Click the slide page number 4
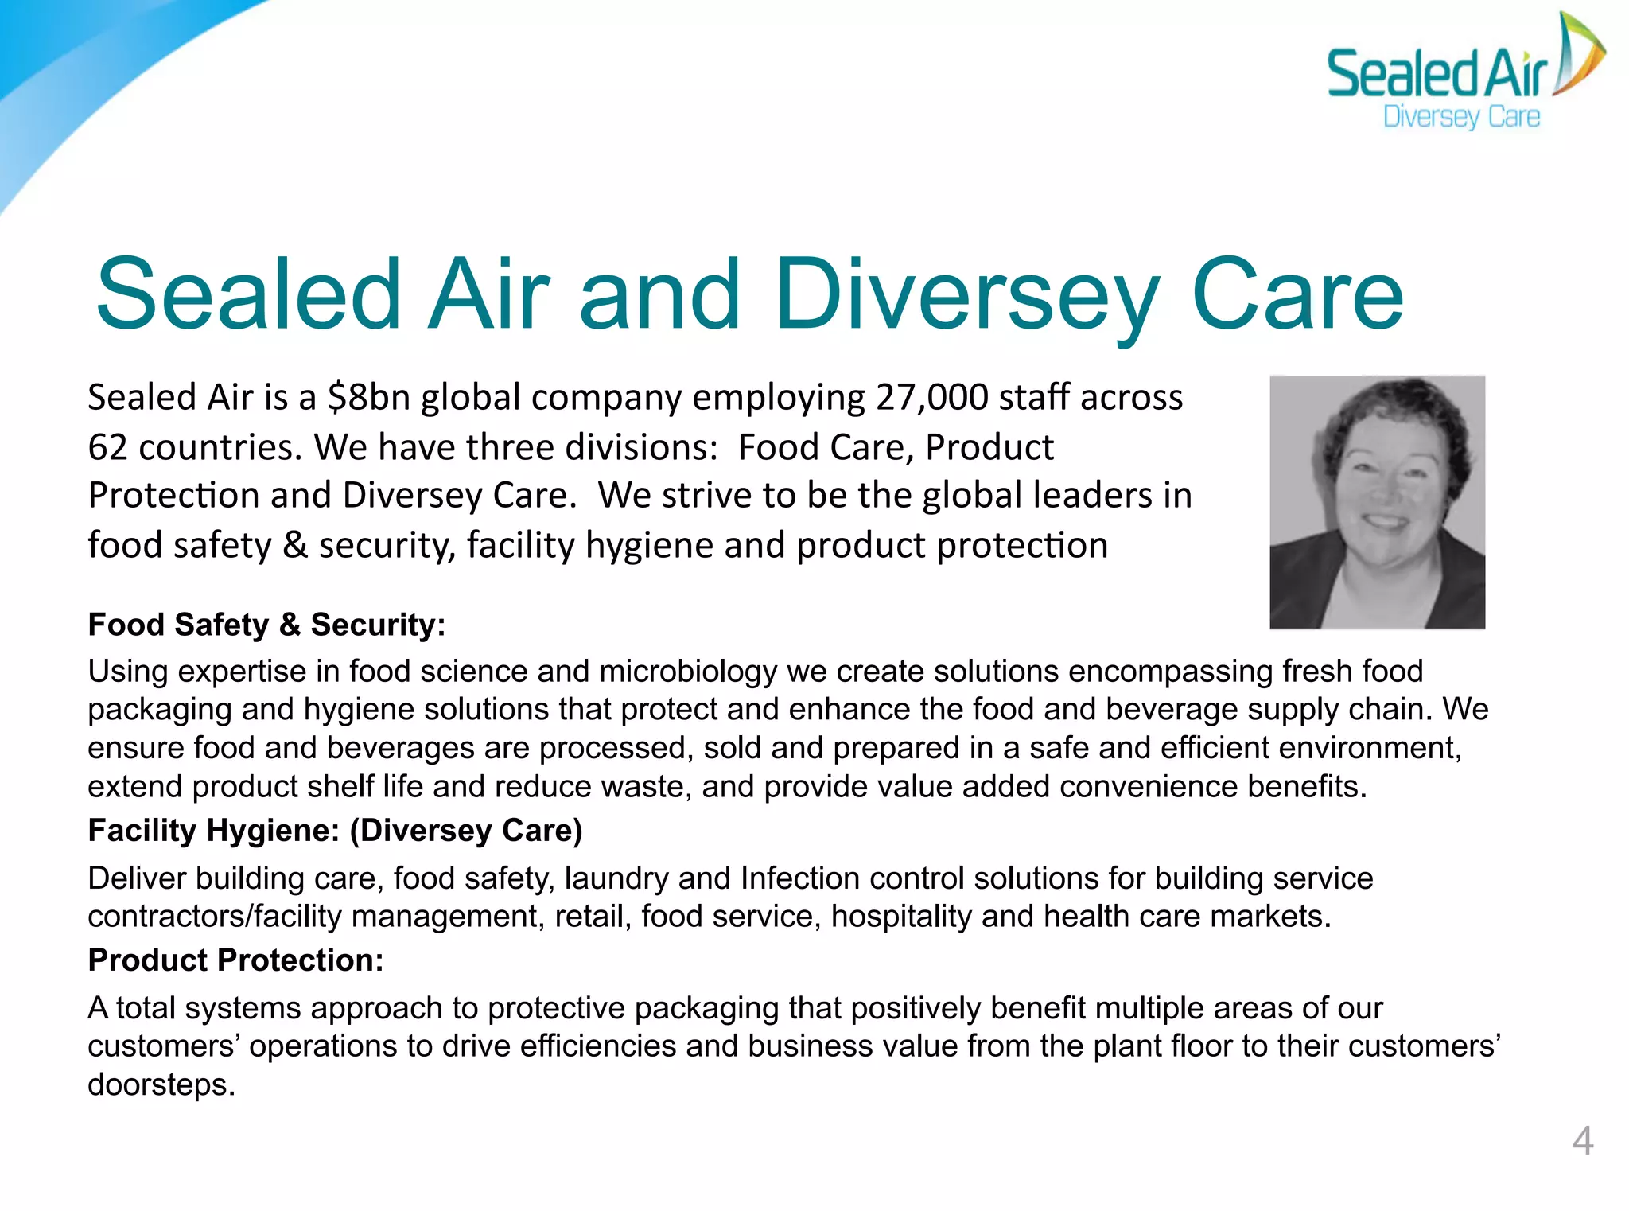pyautogui.click(x=1582, y=1141)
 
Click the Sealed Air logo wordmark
pyautogui.click(x=1437, y=74)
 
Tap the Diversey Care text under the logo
pyautogui.click(x=1461, y=117)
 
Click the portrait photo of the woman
pyautogui.click(x=1377, y=502)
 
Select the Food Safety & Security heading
pyautogui.click(x=266, y=625)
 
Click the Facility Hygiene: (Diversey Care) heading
pyautogui.click(x=335, y=831)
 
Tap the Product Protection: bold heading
pyautogui.click(x=235, y=960)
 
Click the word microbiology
pyautogui.click(x=687, y=672)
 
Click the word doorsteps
pyautogui.click(x=160, y=1084)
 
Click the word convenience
pyautogui.click(x=1148, y=787)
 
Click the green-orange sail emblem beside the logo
pyautogui.click(x=1578, y=54)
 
